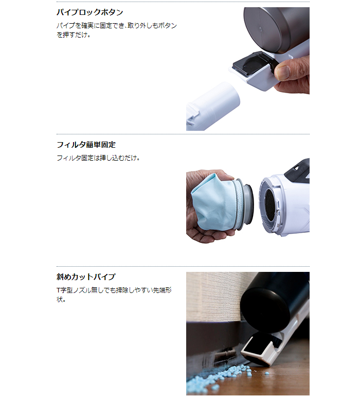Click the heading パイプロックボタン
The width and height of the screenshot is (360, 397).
pyautogui.click(x=89, y=12)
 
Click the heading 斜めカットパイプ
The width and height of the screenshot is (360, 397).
pyautogui.click(x=86, y=277)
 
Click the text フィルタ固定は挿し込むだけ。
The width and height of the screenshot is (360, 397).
pyautogui.click(x=98, y=158)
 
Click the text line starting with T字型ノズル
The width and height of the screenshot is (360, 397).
pyautogui.click(x=114, y=290)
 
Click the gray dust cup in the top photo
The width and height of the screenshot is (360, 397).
pyautogui.click(x=278, y=28)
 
